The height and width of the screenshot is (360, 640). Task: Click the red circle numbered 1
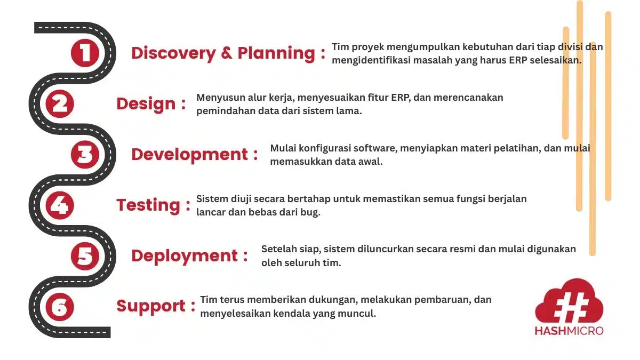[x=85, y=53]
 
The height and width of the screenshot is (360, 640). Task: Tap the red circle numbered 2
[x=60, y=103]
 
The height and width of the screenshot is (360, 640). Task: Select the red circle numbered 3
[x=85, y=155]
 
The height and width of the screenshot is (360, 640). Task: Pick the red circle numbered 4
[x=60, y=205]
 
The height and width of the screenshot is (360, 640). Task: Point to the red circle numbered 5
[x=85, y=256]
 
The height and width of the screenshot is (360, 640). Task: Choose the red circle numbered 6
[x=60, y=307]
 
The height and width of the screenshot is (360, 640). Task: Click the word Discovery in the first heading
[x=173, y=53]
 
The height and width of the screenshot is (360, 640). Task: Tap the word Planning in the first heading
[x=276, y=53]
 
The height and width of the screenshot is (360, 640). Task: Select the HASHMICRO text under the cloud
[x=569, y=331]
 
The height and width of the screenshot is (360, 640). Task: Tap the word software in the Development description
[x=375, y=148]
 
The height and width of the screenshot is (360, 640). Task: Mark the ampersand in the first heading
[x=227, y=53]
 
